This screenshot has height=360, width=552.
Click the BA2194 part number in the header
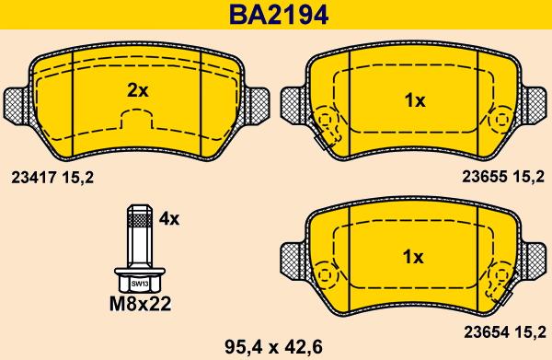[279, 15]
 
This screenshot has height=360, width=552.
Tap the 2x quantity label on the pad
[138, 91]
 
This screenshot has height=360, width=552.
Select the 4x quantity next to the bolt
[168, 219]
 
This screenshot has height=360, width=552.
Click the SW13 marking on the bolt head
[140, 284]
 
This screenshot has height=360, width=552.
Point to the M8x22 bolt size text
[140, 304]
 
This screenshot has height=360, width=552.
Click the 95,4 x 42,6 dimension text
[273, 348]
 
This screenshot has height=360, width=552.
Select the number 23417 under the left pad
[33, 178]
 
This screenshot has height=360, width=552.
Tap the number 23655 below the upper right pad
[485, 177]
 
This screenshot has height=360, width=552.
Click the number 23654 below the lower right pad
[486, 332]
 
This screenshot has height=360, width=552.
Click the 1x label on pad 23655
[415, 100]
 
